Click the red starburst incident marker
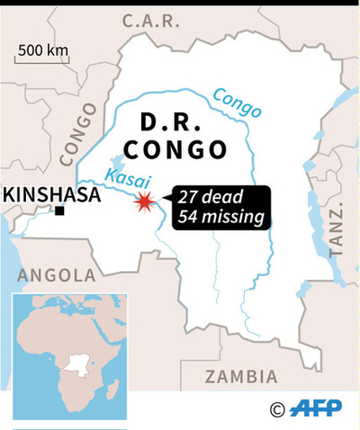click(x=142, y=203)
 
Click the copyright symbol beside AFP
click(x=277, y=408)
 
